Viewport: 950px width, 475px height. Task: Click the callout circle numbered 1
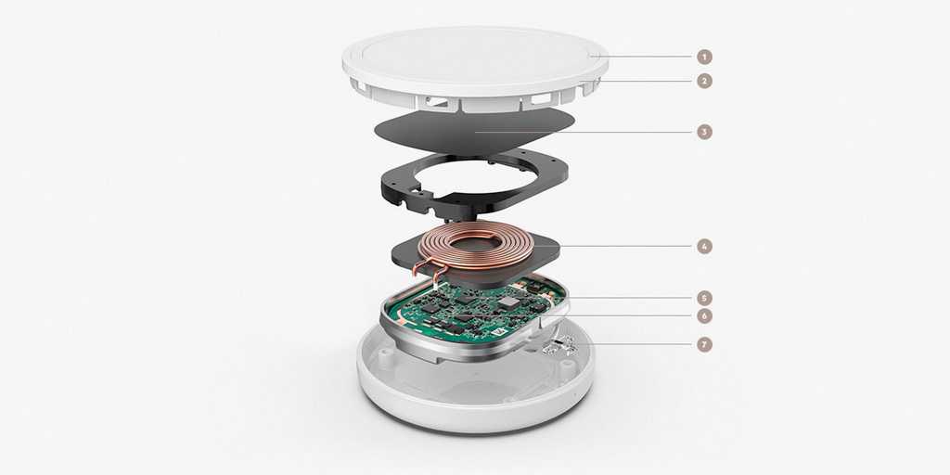704,57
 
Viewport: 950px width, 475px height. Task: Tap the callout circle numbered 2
704,82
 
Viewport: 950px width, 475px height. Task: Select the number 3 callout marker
704,132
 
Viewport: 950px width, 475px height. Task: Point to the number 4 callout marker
704,247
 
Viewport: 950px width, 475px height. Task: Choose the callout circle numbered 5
704,298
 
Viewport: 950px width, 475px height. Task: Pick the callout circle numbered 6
704,315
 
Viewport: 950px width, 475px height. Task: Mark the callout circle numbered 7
704,345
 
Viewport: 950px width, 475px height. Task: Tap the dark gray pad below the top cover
474,132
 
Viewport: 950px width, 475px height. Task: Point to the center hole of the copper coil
478,245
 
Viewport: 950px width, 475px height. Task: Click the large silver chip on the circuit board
511,302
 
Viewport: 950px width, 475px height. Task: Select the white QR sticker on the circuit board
500,332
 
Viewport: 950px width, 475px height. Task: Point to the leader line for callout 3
583,132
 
